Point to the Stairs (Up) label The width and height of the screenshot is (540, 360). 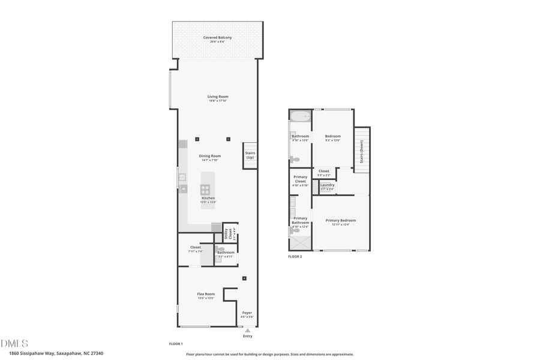click(250, 155)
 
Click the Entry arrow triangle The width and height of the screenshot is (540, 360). click(248, 330)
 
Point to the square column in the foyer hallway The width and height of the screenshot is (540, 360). click(244, 278)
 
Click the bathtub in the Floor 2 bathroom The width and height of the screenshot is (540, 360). click(300, 116)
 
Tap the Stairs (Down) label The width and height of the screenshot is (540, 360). click(362, 151)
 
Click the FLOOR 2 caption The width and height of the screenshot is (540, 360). click(295, 256)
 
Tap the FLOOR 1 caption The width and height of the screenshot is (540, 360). click(176, 344)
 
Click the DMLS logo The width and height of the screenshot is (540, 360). click(14, 343)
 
